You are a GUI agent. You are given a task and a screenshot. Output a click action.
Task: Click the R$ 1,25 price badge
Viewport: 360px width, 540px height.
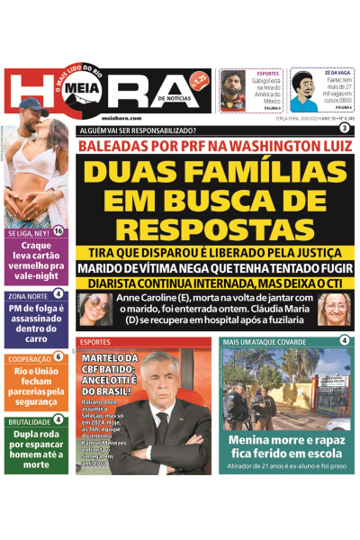point(199,80)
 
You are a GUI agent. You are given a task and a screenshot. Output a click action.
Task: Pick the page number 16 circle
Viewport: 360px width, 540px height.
point(58,231)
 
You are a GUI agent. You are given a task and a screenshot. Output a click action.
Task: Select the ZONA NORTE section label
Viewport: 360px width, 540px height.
point(28,294)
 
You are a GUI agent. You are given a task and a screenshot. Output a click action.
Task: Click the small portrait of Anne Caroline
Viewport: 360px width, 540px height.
point(94,310)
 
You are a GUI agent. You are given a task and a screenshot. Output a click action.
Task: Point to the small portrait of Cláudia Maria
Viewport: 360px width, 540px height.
point(334,310)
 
